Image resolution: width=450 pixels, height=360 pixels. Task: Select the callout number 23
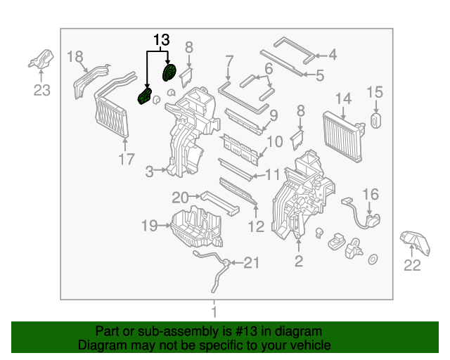point(42,89)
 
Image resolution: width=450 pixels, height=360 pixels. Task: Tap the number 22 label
point(412,265)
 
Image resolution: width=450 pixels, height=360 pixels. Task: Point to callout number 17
point(126,160)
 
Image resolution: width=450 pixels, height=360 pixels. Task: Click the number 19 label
point(149,226)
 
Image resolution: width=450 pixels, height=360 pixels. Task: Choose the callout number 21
point(251,263)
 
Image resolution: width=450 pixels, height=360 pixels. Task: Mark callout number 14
point(342,98)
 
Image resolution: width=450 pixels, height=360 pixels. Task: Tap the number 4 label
point(332,53)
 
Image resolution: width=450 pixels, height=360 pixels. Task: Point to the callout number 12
point(256,226)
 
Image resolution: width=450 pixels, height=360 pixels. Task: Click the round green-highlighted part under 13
point(169,74)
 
